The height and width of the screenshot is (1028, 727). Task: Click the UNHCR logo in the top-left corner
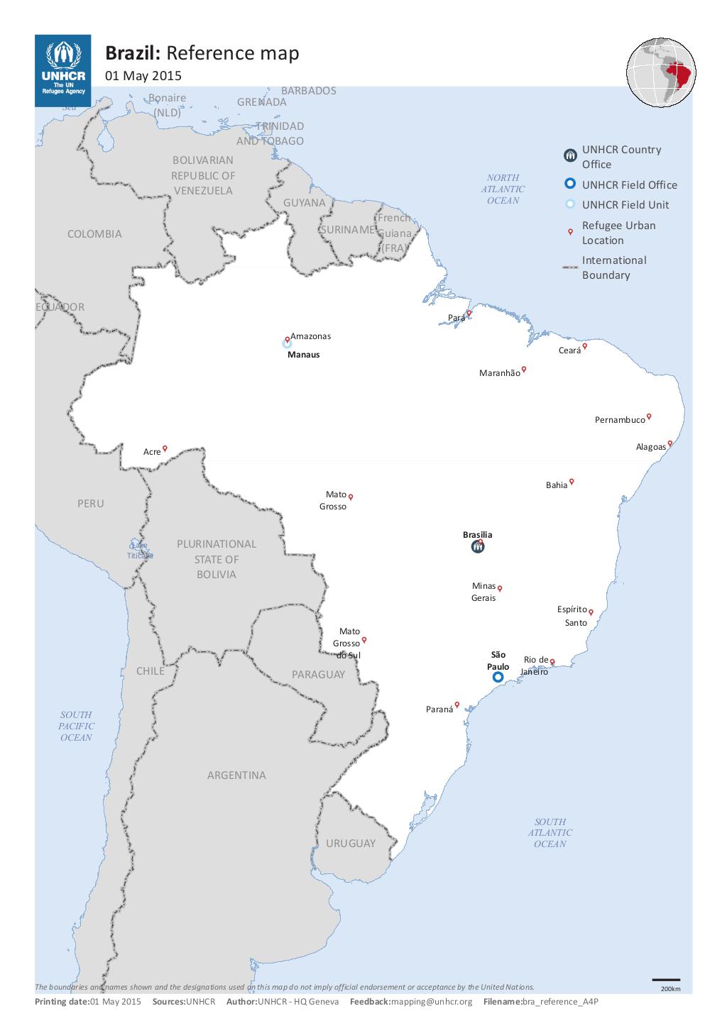click(x=62, y=70)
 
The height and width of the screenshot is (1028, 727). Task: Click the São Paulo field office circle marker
click(x=498, y=678)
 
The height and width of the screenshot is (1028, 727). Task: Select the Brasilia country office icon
click(x=478, y=547)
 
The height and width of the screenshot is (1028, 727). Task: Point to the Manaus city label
click(x=303, y=355)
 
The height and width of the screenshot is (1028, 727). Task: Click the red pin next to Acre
click(x=165, y=448)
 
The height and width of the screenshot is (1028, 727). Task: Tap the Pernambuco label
click(x=619, y=420)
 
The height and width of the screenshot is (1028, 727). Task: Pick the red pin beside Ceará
click(x=585, y=346)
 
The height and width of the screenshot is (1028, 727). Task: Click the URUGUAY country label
click(x=351, y=844)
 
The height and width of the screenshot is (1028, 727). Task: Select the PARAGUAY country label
click(x=318, y=675)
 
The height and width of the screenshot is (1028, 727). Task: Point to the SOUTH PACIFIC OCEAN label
click(x=76, y=726)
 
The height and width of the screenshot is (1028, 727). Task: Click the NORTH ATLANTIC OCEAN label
click(x=503, y=189)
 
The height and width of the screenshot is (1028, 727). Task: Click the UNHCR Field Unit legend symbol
click(x=569, y=205)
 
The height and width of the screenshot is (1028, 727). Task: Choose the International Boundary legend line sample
click(x=569, y=267)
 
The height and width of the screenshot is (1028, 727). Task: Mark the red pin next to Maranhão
click(x=524, y=368)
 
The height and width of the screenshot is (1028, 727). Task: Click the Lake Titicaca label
click(x=139, y=550)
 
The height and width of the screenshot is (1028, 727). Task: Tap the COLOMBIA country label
click(x=94, y=234)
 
